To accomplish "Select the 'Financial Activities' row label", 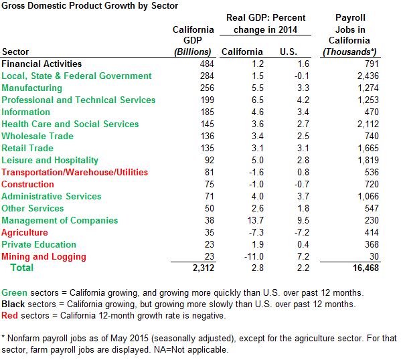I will pyautogui.click(x=42, y=64).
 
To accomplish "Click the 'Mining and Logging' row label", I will pyautogui.click(x=44, y=256).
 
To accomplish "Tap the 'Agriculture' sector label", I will pyautogui.click(x=25, y=232).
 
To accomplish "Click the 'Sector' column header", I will pyautogui.click(x=16, y=52).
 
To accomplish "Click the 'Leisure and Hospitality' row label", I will pyautogui.click(x=50, y=160).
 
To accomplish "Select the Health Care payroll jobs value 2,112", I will pyautogui.click(x=368, y=124).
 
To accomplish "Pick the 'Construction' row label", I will pyautogui.click(x=28, y=184).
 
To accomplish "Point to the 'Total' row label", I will pyautogui.click(x=21, y=268).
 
